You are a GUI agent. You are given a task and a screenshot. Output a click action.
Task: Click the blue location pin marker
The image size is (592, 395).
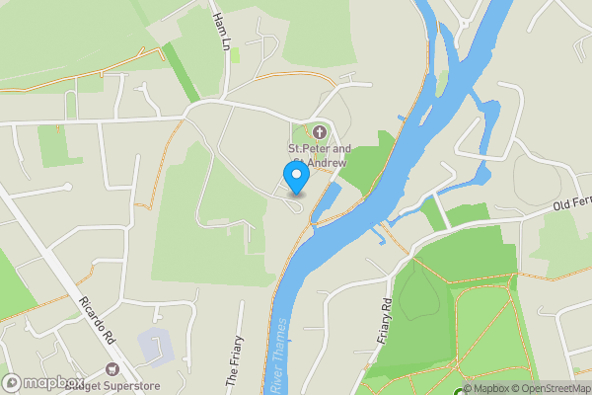(296, 178)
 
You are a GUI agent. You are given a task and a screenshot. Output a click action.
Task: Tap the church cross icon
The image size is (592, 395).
(319, 132)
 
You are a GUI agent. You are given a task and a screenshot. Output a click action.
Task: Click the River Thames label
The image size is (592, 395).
(280, 356)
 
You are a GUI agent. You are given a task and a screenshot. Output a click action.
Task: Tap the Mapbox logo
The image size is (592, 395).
(43, 383)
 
